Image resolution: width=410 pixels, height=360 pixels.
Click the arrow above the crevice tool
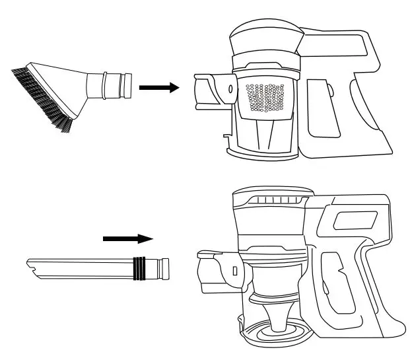127,238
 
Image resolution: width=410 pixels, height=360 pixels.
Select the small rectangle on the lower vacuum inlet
234,270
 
